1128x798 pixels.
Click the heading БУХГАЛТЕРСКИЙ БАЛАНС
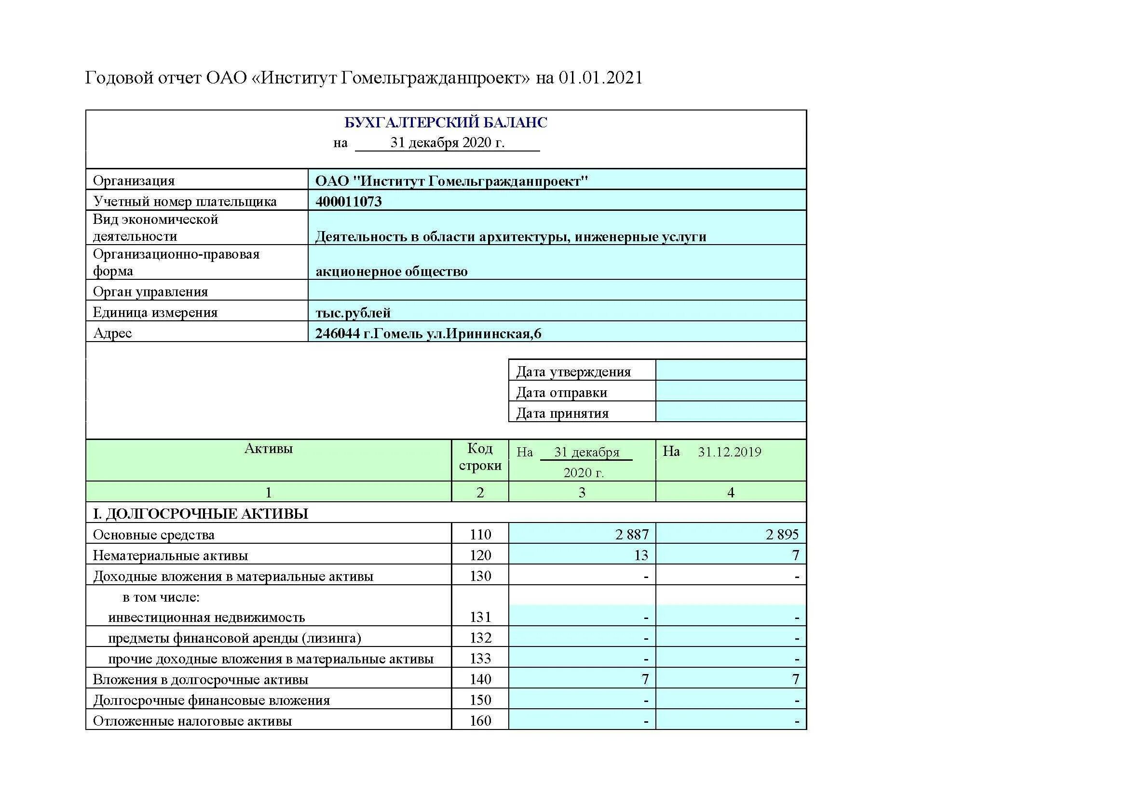point(446,123)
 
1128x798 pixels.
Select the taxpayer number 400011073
point(348,202)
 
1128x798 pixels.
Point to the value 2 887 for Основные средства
point(632,534)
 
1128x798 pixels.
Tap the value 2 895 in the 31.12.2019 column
point(782,534)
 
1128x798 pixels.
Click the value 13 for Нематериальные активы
point(640,555)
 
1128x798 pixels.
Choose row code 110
point(480,534)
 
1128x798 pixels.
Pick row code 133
point(480,659)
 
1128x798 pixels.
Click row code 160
point(480,721)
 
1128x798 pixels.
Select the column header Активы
point(268,449)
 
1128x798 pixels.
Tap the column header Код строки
point(480,457)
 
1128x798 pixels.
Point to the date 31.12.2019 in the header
point(729,452)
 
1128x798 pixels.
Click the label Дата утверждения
point(573,372)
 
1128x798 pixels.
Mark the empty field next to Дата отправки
point(731,392)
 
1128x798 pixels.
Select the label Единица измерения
point(155,313)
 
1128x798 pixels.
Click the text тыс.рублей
point(353,313)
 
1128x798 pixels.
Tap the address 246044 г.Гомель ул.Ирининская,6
point(428,334)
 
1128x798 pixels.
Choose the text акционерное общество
point(391,272)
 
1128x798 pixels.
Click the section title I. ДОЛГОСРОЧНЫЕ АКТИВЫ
point(201,514)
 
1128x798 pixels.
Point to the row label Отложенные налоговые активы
point(192,721)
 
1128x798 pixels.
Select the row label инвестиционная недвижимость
point(206,618)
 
